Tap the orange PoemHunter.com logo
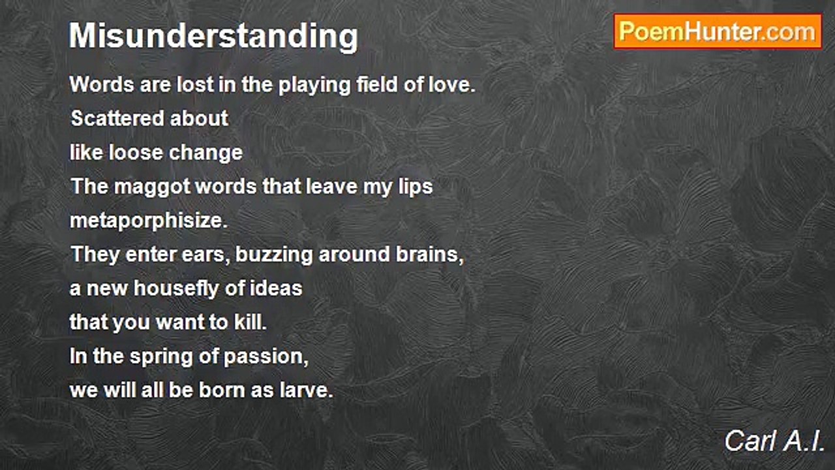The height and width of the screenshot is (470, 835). pyautogui.click(x=718, y=32)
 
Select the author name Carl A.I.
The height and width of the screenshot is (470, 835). pyautogui.click(x=774, y=441)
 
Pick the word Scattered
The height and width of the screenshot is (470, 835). pyautogui.click(x=117, y=118)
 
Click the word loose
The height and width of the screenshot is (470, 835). pyautogui.click(x=136, y=153)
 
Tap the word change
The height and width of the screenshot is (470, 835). pyautogui.click(x=206, y=153)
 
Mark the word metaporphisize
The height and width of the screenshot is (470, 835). pyautogui.click(x=149, y=221)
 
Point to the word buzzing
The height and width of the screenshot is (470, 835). pyautogui.click(x=274, y=255)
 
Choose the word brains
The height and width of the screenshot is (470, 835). pyautogui.click(x=430, y=255)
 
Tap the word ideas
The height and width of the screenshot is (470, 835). pyautogui.click(x=276, y=289)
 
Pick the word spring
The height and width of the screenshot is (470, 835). pyautogui.click(x=161, y=357)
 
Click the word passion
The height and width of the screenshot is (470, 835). pyautogui.click(x=266, y=357)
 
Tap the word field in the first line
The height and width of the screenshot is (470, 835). pyautogui.click(x=377, y=84)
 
